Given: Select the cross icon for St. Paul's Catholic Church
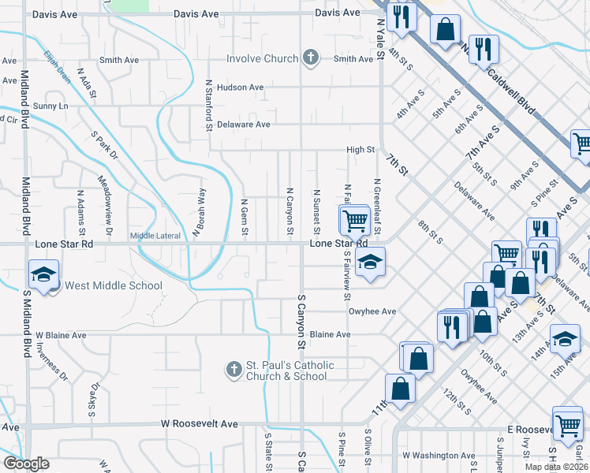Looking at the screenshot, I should [x=233, y=369].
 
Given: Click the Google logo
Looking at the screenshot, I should [x=26, y=464].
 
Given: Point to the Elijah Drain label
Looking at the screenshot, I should [x=57, y=64].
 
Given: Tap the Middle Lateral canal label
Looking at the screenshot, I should [x=155, y=235].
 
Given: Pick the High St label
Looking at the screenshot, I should [x=360, y=150].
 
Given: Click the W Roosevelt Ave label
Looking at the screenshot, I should [x=199, y=424].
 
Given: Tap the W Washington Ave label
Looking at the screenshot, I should [x=439, y=455].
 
